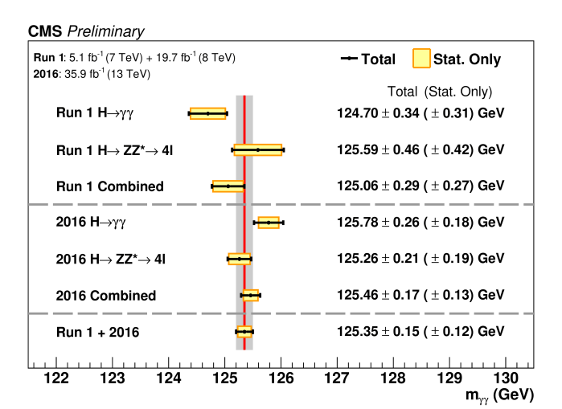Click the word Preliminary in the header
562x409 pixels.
pos(106,31)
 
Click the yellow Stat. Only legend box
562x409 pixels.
pos(421,59)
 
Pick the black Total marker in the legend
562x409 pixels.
pos(349,59)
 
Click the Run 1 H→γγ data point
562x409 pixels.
pos(208,113)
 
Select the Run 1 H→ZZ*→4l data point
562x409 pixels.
pos(258,149)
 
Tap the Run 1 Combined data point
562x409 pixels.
pos(228,186)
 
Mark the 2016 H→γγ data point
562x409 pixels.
pos(269,223)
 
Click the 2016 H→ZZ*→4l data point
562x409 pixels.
pos(240,259)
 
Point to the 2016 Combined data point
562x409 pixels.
pos(251,295)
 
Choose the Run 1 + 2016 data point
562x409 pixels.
pos(244,331)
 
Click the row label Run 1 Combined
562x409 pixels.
pos(110,186)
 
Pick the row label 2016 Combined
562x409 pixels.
pos(106,296)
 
